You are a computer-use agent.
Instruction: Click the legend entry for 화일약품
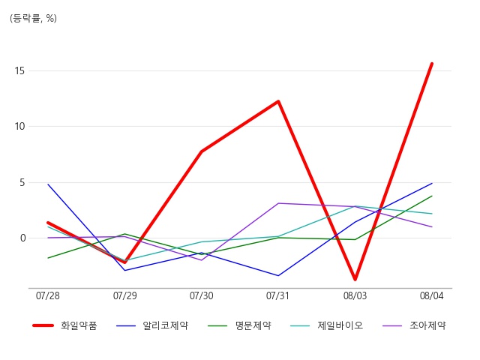64,325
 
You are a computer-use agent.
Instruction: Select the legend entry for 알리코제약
152,325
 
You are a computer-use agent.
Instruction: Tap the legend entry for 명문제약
239,325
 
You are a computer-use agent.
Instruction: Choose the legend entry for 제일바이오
326,325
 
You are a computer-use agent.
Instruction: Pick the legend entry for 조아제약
414,325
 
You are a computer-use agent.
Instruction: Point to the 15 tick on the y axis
19,71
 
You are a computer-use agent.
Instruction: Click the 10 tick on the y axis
19,127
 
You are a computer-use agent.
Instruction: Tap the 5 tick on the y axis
22,183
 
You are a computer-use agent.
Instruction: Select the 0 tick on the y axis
22,238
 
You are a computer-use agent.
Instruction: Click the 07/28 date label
48,295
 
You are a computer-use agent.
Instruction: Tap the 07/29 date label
125,295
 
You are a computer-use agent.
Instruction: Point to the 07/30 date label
202,295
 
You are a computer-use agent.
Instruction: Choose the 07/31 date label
277,295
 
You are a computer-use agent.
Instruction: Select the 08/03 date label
355,295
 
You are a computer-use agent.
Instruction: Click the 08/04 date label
432,295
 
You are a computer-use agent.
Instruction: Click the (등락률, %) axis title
33,18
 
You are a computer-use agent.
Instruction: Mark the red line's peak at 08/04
432,63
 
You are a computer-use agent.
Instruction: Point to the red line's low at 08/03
355,280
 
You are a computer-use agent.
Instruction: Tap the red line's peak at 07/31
278,101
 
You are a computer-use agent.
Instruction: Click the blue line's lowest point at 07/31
278,275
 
